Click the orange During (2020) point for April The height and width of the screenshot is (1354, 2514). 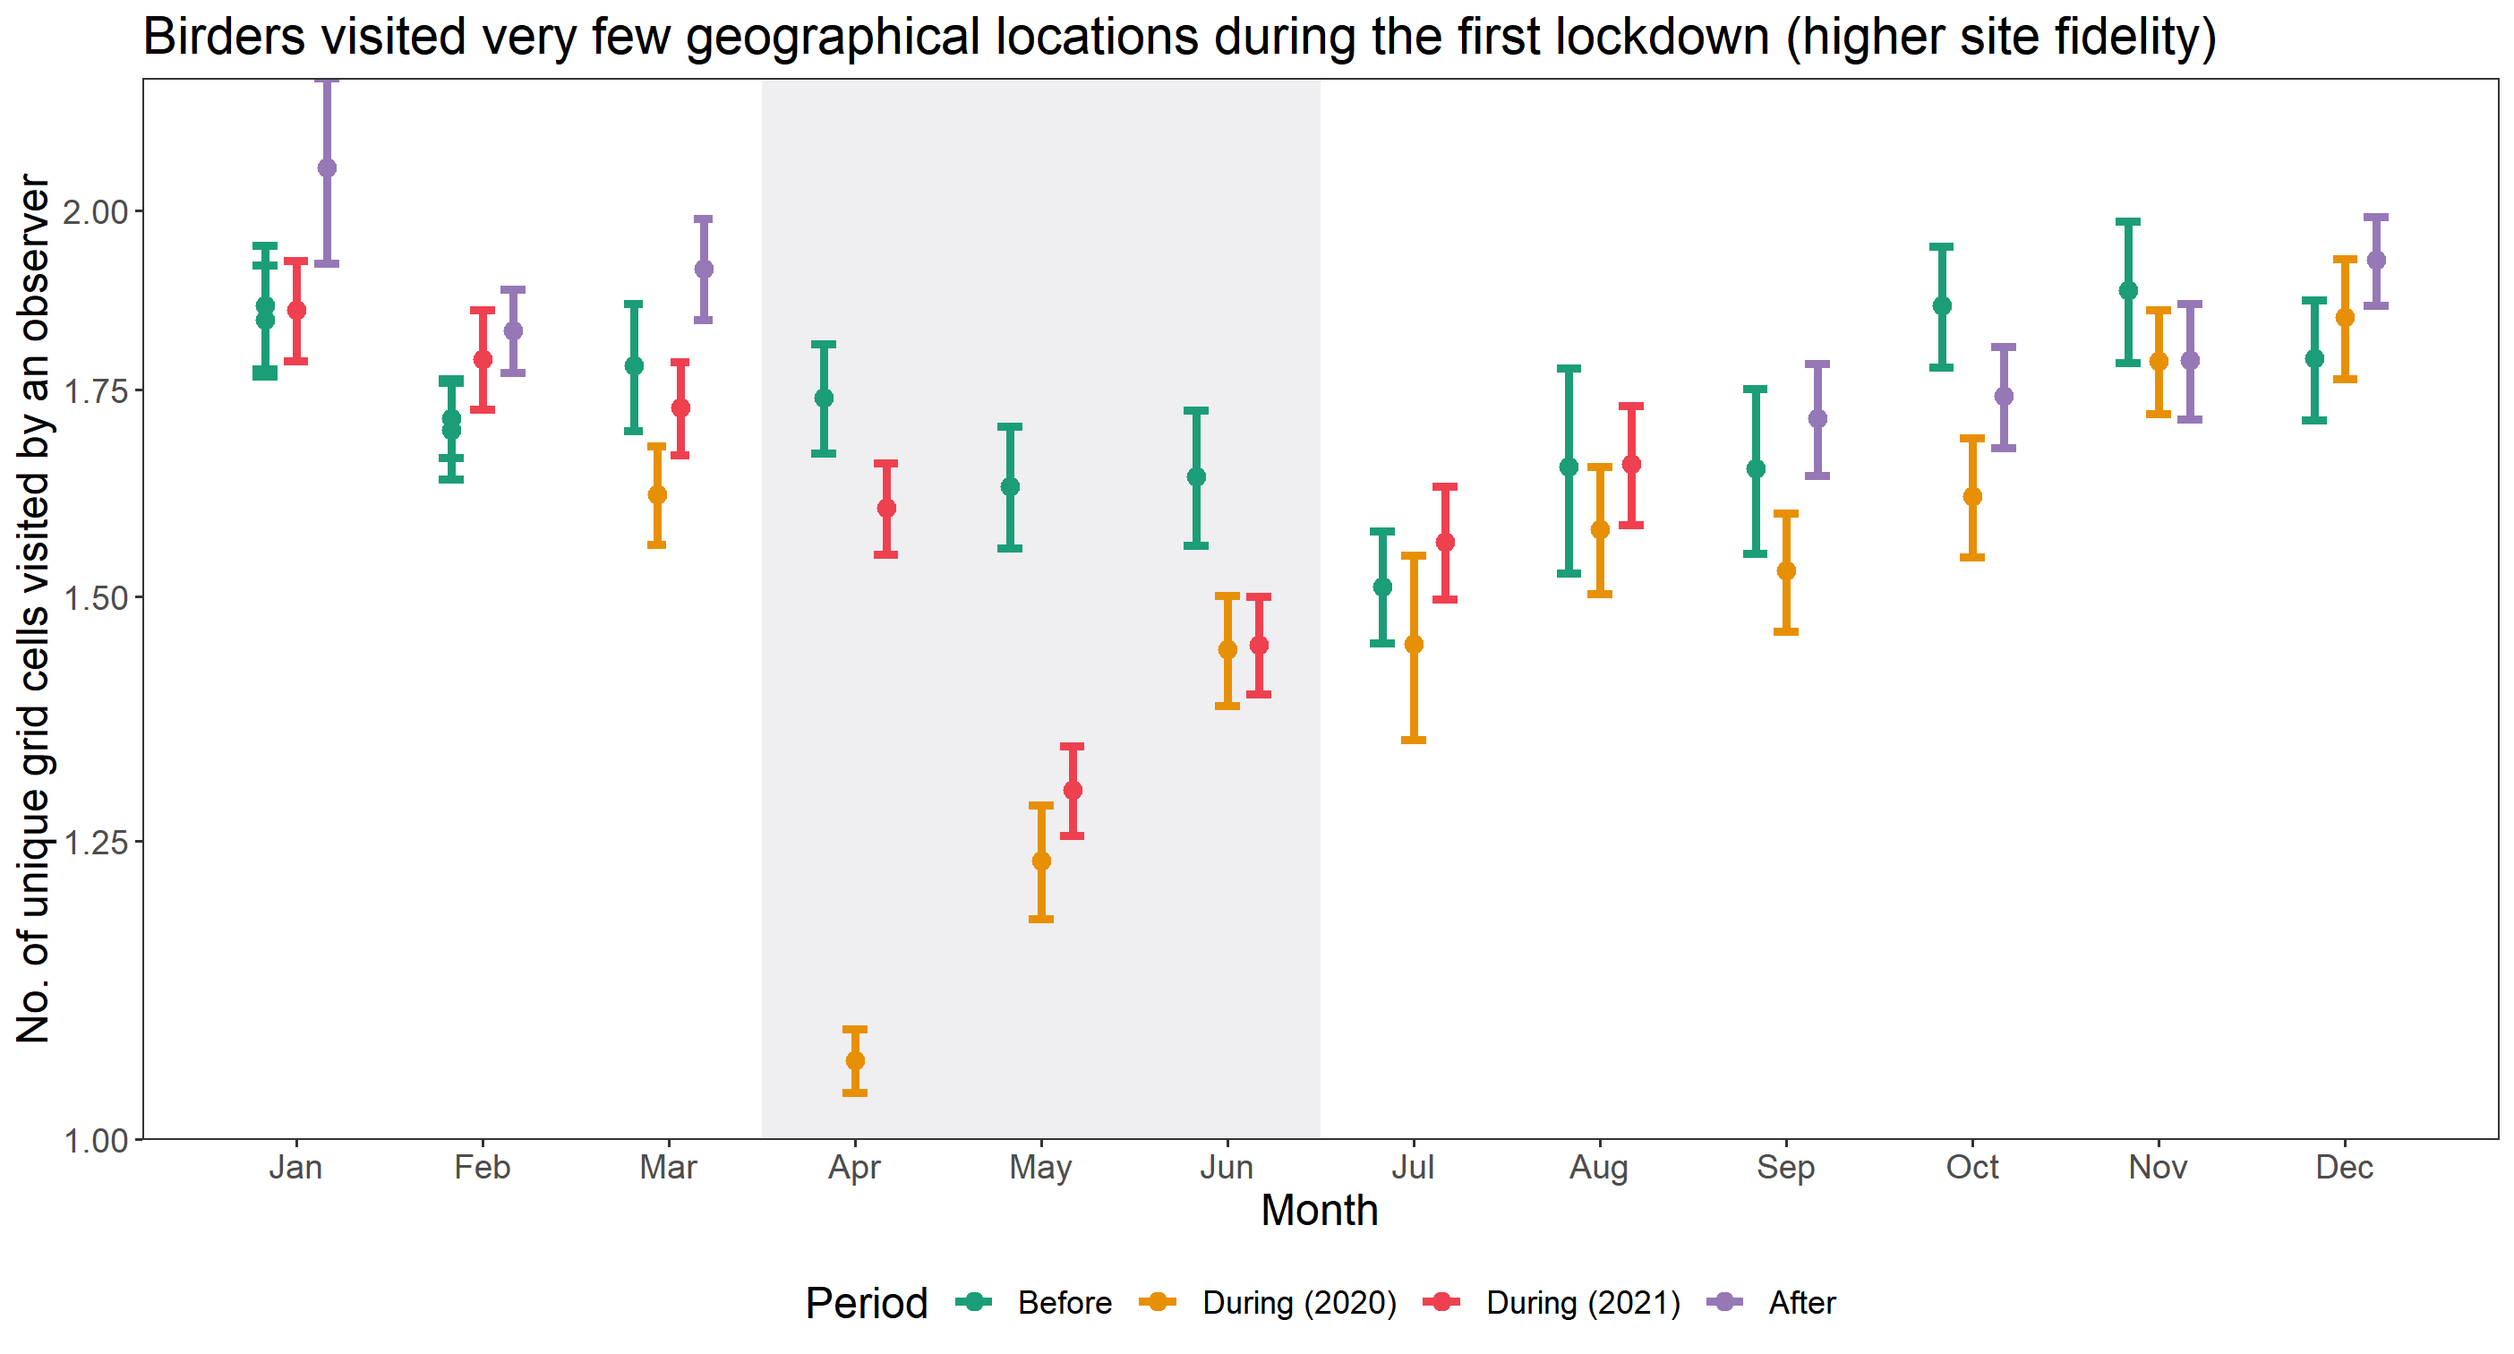[855, 1060]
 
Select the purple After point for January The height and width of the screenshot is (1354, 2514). [327, 168]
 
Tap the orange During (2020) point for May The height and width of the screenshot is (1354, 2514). [1041, 861]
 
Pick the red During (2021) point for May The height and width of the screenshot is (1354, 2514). [1073, 790]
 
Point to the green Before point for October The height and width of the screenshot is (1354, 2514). [1942, 305]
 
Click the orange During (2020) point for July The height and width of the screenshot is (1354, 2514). [1413, 644]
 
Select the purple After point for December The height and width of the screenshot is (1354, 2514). [2376, 261]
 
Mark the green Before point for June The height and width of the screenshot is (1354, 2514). [1196, 476]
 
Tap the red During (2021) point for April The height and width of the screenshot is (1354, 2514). [886, 508]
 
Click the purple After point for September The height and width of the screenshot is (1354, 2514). [1817, 419]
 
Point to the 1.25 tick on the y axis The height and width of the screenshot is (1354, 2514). [97, 842]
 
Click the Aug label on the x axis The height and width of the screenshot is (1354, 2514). [1599, 1168]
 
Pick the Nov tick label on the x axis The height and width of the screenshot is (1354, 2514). [2158, 1168]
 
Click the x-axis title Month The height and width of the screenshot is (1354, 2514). [1320, 1211]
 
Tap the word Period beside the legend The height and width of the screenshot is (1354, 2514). [867, 1302]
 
